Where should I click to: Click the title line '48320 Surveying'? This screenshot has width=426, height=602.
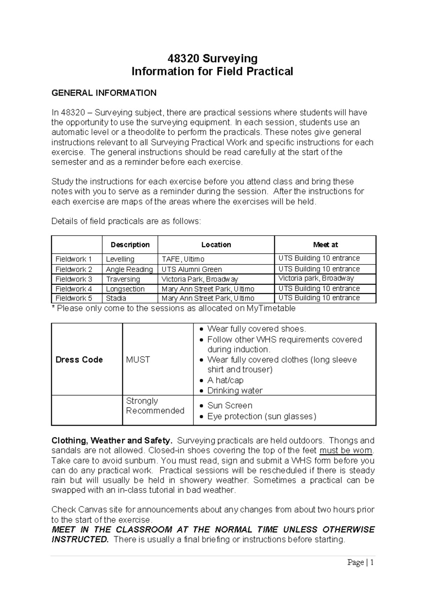tap(212, 58)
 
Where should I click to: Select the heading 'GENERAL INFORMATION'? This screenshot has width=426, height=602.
tap(104, 93)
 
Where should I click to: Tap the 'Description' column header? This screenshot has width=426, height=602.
tap(130, 245)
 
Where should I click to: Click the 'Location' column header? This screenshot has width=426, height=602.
tap(216, 245)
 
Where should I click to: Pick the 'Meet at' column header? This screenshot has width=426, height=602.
tap(325, 245)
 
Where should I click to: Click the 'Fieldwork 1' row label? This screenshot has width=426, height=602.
tap(73, 259)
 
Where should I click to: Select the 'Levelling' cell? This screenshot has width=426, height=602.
tap(120, 259)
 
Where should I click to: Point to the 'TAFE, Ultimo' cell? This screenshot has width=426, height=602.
tap(183, 259)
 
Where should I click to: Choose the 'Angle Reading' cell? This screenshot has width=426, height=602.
tap(129, 269)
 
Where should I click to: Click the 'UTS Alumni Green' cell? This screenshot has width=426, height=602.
tap(192, 269)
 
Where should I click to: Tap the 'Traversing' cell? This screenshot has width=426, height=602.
tap(123, 279)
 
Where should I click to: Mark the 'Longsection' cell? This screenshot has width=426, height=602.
tap(125, 289)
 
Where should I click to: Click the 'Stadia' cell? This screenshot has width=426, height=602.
tap(116, 298)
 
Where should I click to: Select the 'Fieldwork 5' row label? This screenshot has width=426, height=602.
tap(73, 298)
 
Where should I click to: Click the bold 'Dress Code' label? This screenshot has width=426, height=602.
tap(79, 360)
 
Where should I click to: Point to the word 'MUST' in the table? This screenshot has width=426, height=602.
tap(138, 360)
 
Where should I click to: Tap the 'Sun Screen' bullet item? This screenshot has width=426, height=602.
tap(230, 405)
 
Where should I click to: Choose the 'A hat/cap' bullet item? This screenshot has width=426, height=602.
tap(225, 380)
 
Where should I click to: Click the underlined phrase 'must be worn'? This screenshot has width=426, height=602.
tap(346, 451)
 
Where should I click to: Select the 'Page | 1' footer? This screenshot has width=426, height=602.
tap(360, 562)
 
